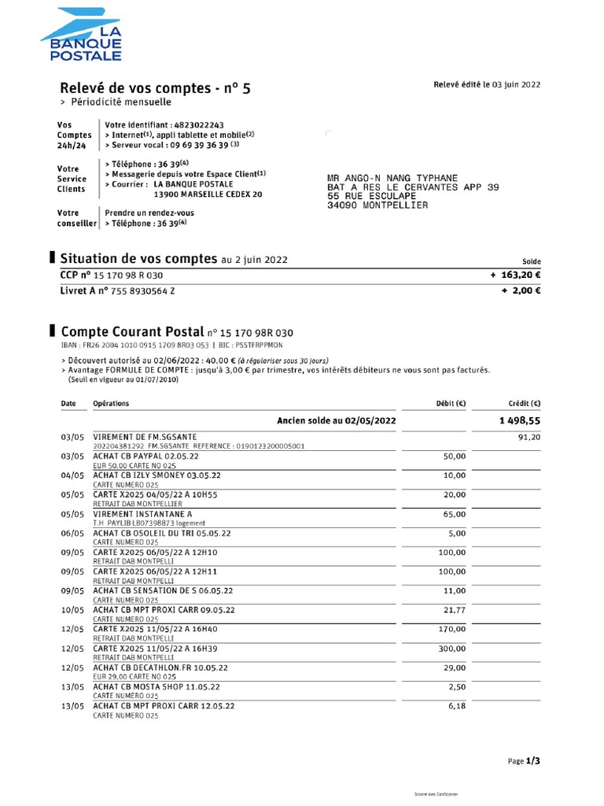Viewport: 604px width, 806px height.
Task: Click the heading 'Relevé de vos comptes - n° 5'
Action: pos(156,88)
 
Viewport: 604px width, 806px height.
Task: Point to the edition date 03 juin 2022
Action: pos(517,85)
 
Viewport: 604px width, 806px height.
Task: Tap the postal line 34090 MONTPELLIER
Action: pos(377,205)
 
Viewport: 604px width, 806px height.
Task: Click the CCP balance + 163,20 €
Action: pos(516,275)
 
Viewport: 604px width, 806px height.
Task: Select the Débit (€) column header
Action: pos(451,404)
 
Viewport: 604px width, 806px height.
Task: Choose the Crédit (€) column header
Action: pos(525,404)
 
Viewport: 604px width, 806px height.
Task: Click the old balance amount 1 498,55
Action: pos(519,421)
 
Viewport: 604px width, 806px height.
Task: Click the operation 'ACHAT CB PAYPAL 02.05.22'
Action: pos(145,457)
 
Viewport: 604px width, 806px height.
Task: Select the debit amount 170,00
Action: pos(451,629)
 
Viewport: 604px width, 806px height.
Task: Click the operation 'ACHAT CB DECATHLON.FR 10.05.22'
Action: pos(160,667)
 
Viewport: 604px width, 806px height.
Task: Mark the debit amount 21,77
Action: pos(454,610)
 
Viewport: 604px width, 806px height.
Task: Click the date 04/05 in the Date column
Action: pos(72,475)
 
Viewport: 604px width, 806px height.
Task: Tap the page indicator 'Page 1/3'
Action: pos(524,761)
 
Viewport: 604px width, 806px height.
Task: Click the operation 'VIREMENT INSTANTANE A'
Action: pos(142,513)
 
